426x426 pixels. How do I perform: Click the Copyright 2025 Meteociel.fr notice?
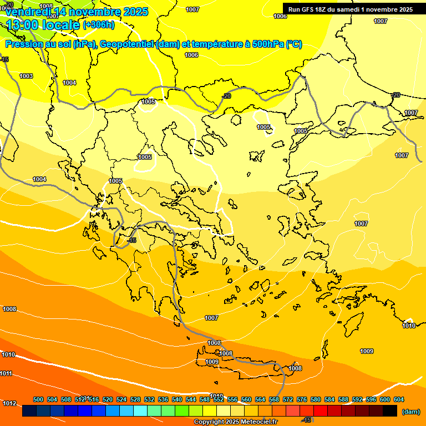click(x=235, y=422)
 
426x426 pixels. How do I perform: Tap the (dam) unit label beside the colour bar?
click(x=410, y=412)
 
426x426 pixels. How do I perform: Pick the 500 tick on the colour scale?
click(x=38, y=399)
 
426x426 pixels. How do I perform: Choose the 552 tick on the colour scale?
click(x=219, y=399)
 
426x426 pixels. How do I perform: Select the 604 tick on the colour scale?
click(x=399, y=399)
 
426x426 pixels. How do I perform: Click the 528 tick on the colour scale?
click(x=135, y=399)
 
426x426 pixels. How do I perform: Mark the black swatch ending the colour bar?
click(x=390, y=411)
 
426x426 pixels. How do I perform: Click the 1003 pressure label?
click(x=26, y=76)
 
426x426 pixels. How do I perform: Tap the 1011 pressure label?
click(x=6, y=373)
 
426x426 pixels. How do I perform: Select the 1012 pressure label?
click(x=9, y=403)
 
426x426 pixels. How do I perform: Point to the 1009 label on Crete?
click(x=212, y=362)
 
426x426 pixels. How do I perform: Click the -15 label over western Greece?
click(x=131, y=240)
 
